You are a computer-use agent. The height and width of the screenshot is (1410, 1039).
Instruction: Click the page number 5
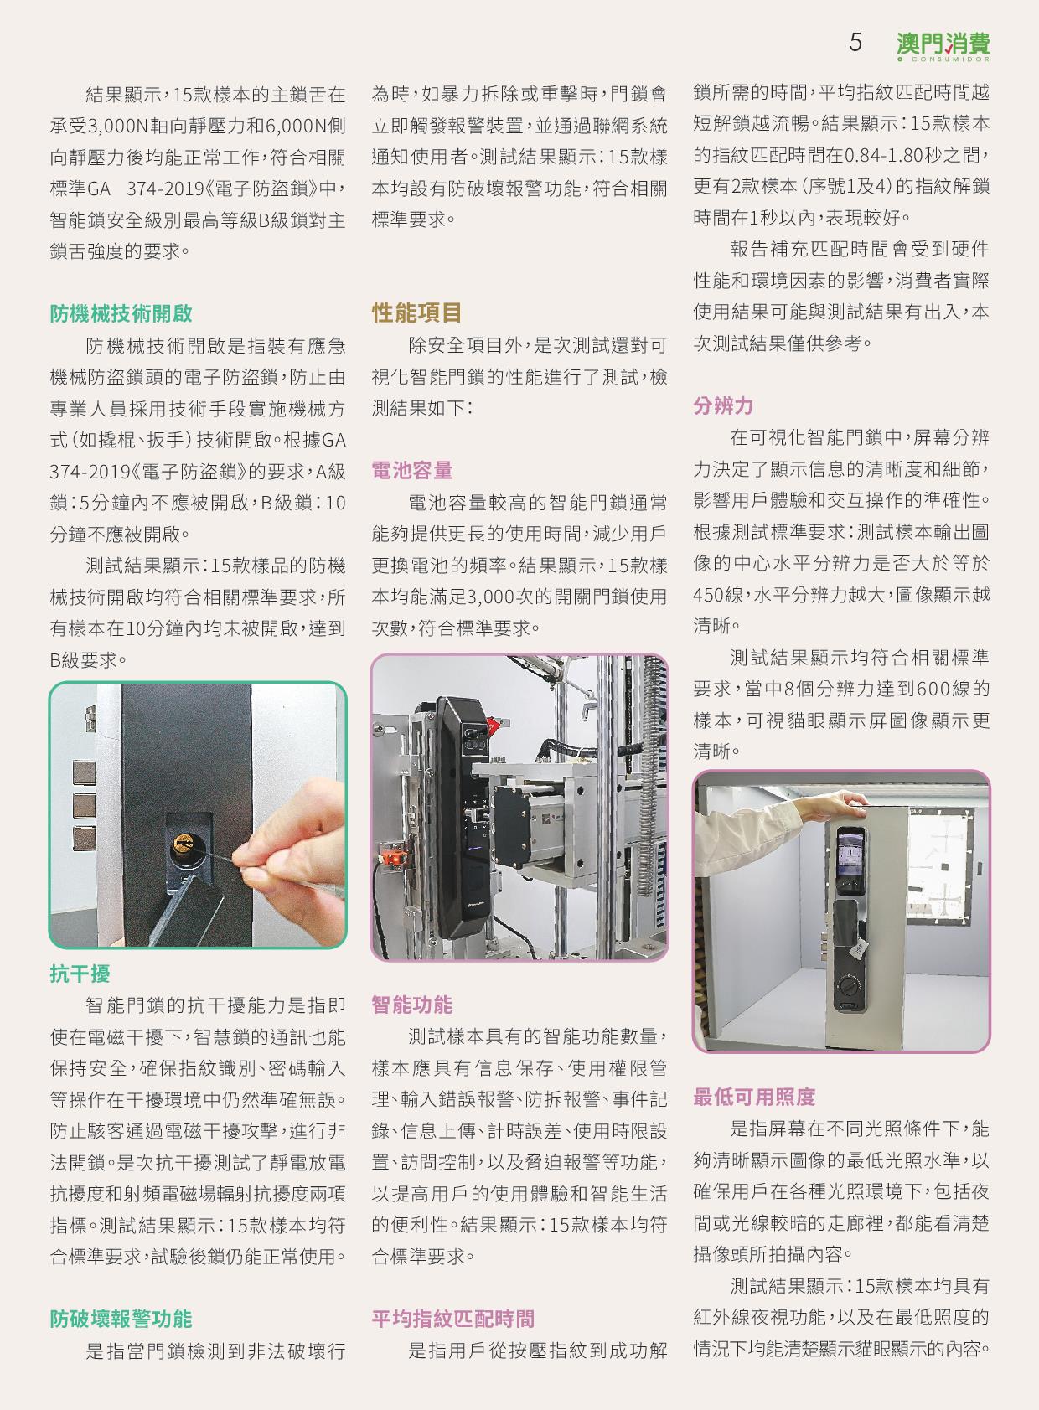855,42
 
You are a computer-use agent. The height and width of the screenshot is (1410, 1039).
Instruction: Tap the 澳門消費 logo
943,46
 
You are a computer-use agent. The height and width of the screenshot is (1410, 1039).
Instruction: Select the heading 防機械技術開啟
121,312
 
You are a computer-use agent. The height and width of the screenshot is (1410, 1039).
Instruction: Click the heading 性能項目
416,312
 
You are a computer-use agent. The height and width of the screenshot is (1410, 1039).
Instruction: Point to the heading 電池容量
411,469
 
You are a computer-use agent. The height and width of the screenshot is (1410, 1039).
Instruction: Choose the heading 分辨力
723,405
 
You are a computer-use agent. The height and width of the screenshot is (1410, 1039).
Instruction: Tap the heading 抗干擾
80,974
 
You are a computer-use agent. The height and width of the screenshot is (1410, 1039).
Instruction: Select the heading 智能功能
411,1004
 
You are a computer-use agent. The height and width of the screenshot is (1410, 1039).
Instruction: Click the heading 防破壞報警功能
121,1318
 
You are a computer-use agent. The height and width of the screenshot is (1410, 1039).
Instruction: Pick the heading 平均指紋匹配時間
452,1318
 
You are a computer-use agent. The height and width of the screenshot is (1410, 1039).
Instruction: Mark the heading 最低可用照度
754,1097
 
